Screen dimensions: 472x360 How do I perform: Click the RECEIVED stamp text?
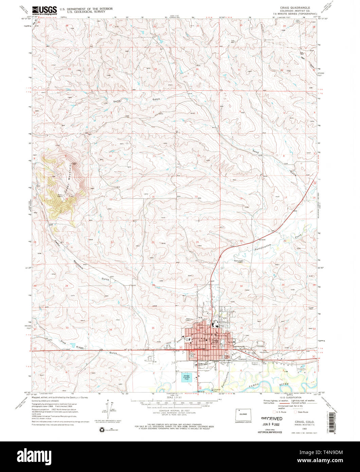coord(271,419)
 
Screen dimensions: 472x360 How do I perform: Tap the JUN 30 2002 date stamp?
coord(271,424)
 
